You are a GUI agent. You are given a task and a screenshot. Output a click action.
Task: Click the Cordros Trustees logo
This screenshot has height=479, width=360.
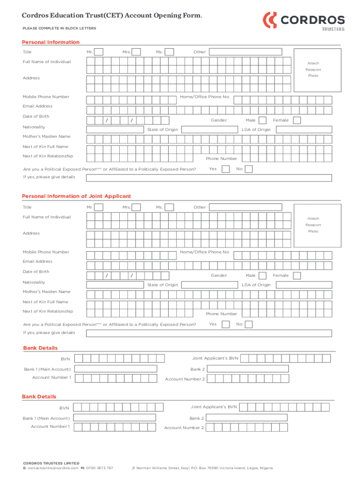coord(304,21)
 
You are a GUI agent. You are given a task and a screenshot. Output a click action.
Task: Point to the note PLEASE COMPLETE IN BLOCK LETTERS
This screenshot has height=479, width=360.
coord(60,29)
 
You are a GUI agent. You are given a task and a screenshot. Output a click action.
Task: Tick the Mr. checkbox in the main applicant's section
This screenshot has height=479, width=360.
coord(99,52)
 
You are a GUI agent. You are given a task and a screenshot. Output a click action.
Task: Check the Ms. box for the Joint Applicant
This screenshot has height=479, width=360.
coord(170,207)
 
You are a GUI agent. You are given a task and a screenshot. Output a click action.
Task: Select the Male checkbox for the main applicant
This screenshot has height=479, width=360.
coord(263,120)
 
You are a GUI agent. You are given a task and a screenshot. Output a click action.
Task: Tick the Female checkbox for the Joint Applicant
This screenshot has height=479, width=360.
coord(296,276)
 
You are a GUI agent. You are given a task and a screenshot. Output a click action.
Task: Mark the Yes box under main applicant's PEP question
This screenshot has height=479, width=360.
coord(226,169)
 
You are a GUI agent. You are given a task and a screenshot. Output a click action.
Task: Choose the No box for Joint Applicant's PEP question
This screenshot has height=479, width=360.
coord(249,324)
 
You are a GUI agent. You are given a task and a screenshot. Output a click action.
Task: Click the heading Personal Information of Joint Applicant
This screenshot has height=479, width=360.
coord(77,196)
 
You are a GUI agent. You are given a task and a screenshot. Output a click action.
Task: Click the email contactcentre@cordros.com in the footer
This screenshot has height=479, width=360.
coord(52,468)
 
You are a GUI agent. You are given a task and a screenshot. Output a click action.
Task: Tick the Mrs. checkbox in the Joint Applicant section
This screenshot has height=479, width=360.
coord(136,207)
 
